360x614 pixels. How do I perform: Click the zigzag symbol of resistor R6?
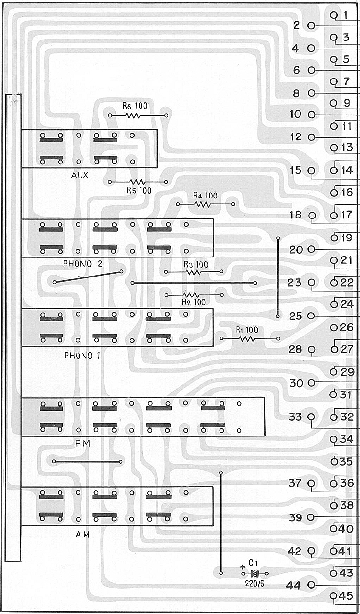pos(133,116)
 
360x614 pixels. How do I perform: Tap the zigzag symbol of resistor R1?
pos(247,339)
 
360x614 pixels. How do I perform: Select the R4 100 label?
pos(205,196)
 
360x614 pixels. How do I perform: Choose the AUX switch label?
pos(80,175)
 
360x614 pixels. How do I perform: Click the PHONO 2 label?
pos(83,264)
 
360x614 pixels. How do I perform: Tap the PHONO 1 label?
pos(82,356)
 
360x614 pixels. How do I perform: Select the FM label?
pos(82,443)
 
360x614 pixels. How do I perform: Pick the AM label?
pos(82,534)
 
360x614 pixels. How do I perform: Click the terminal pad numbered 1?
pos(334,15)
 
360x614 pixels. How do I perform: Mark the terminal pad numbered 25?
pos(311,316)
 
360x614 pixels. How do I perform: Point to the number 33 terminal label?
pos(295,417)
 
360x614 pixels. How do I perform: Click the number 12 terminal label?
pos(296,137)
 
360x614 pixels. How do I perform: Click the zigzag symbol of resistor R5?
pos(138,182)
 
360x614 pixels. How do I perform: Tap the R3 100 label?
pos(196,264)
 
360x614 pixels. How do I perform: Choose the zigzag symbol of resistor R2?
pos(191,295)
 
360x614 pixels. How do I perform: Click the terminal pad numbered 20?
pos(311,249)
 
